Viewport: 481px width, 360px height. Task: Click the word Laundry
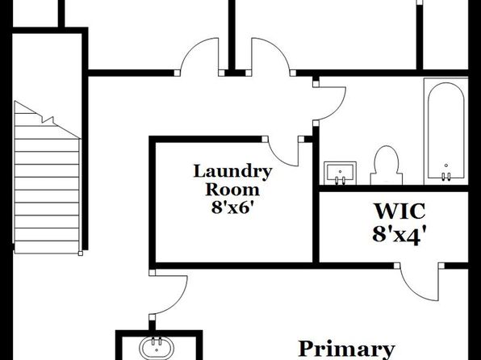pos(232,172)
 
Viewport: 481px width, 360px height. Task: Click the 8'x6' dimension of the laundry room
pos(232,207)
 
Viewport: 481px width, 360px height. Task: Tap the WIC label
pos(399,211)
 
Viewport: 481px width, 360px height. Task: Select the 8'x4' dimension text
pos(399,235)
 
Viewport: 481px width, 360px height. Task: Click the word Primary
pos(346,350)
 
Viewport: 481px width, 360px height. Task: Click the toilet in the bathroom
pos(387,165)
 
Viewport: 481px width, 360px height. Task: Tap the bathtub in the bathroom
pos(445,132)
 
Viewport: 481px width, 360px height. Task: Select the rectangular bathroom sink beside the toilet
pos(341,173)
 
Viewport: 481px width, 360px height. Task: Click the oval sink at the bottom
pos(157,349)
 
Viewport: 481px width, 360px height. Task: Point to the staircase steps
pos(47,184)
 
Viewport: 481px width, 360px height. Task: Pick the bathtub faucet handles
pos(446,176)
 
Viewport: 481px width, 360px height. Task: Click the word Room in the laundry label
pos(232,190)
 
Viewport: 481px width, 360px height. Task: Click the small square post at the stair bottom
pos(81,253)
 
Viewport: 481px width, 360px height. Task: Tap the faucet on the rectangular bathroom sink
pos(340,180)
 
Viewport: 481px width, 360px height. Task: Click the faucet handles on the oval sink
pos(157,341)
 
